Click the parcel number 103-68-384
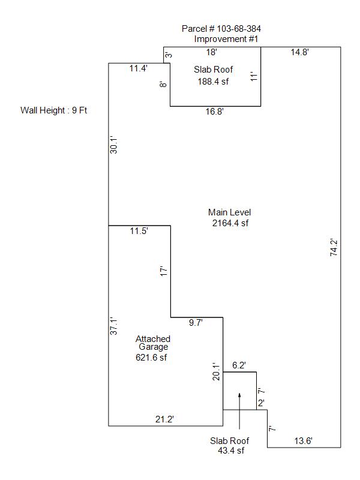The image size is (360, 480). pos(221,29)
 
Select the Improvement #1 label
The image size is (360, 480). pos(226,39)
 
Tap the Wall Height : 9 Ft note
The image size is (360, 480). pos(54,110)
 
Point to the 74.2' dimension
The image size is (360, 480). pos(334,248)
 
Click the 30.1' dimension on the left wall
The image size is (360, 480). pos(113,145)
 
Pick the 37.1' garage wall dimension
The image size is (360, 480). pos(113,326)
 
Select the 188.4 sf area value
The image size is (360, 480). pos(214,82)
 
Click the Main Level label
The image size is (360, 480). pos(229,212)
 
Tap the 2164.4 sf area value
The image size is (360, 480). pos(230,223)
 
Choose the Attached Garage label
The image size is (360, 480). pos(152,343)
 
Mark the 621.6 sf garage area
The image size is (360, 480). pos(151,358)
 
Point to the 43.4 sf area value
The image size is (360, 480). pos(231,450)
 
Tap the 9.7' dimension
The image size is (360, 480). pos(196,323)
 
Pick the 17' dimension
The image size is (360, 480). pos(164,271)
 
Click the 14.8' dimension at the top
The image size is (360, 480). pos(300,53)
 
